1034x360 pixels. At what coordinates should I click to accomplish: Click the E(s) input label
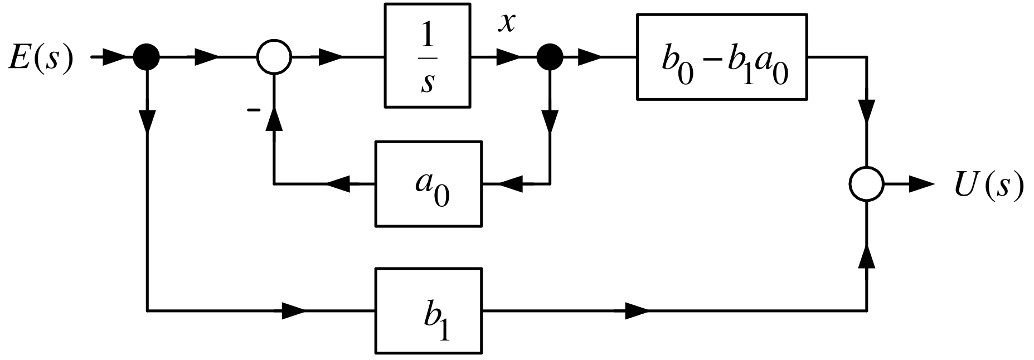tap(41, 58)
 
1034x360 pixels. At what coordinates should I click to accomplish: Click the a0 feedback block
tap(428, 183)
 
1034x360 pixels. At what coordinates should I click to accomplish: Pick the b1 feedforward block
tap(428, 311)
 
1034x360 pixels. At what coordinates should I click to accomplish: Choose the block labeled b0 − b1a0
tap(722, 57)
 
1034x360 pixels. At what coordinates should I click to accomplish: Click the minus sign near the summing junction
tap(254, 110)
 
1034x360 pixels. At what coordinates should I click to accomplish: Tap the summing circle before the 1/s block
tap(274, 57)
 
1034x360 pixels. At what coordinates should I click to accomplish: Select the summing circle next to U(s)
tap(867, 184)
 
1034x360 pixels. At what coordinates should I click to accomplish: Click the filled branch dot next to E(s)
tap(147, 57)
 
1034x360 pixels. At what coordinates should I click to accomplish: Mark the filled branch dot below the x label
tap(549, 57)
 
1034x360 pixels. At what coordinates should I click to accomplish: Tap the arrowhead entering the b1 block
tap(294, 311)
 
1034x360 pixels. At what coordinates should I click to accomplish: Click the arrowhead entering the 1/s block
tap(331, 57)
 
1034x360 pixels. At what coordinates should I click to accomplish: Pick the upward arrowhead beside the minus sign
tap(274, 119)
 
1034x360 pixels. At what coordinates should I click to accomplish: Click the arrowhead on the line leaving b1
tap(637, 311)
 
